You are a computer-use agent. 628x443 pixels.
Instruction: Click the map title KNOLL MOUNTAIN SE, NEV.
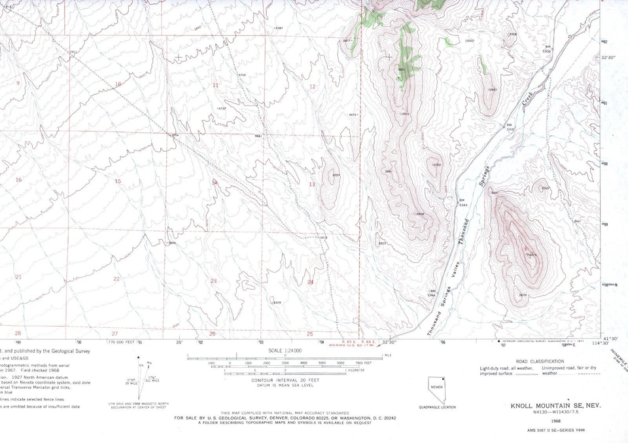tap(555, 406)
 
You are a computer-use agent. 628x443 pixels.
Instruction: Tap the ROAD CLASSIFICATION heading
tap(540, 361)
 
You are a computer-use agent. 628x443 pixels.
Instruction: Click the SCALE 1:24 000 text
tap(284, 350)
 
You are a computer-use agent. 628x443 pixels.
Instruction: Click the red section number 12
tap(312, 86)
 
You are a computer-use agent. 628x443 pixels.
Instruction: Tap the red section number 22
tap(116, 279)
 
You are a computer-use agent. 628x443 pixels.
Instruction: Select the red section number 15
tap(118, 181)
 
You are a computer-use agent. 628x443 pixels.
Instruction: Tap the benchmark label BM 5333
tap(511, 127)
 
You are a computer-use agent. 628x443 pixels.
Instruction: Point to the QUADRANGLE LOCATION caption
tap(438, 407)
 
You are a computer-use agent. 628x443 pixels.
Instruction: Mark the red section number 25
tap(309, 334)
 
